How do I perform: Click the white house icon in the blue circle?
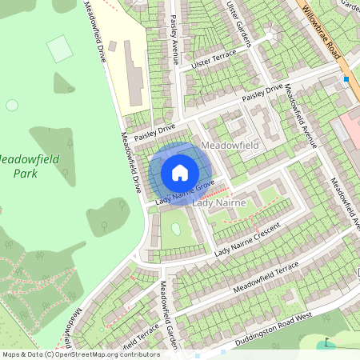pos(180,172)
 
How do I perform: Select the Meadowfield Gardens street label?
pos(167,308)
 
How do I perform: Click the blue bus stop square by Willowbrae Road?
pos(346,79)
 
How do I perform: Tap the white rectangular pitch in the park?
pos(59,49)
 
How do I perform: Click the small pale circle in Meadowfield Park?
pos(11,105)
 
